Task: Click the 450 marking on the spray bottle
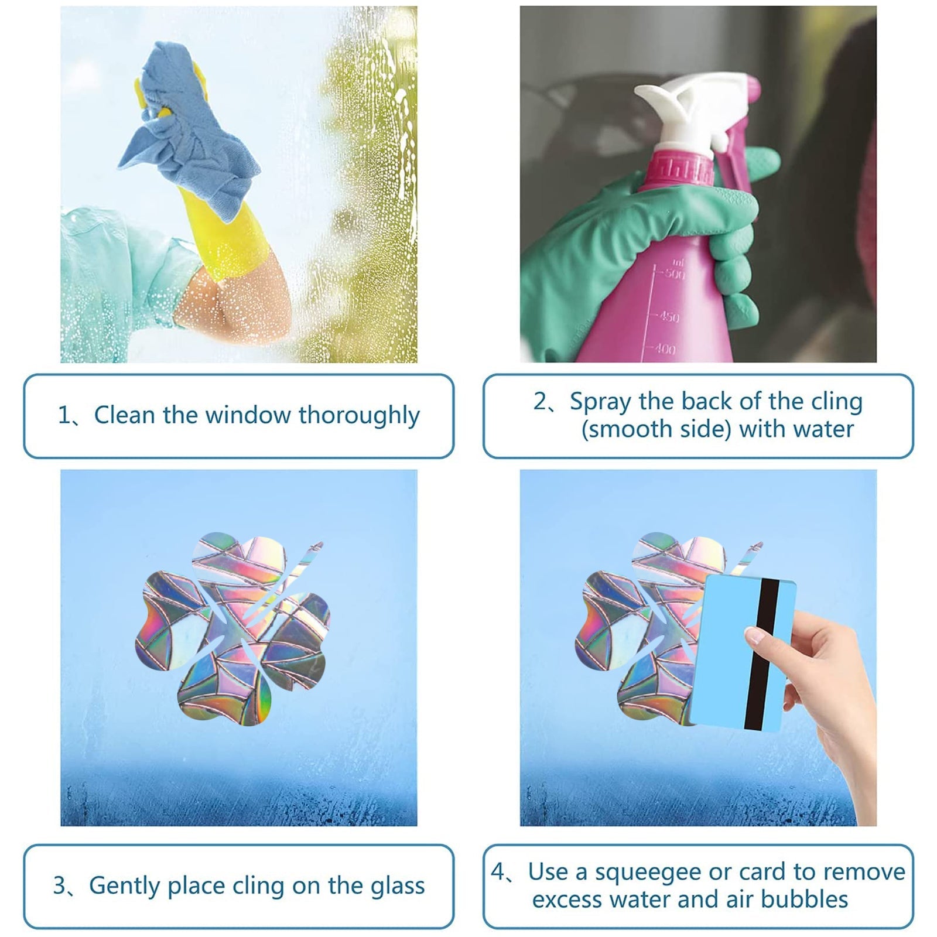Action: (669, 317)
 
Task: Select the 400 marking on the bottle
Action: (665, 349)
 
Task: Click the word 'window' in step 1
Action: (248, 415)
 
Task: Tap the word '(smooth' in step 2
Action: (624, 430)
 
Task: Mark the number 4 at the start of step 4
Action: (497, 872)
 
